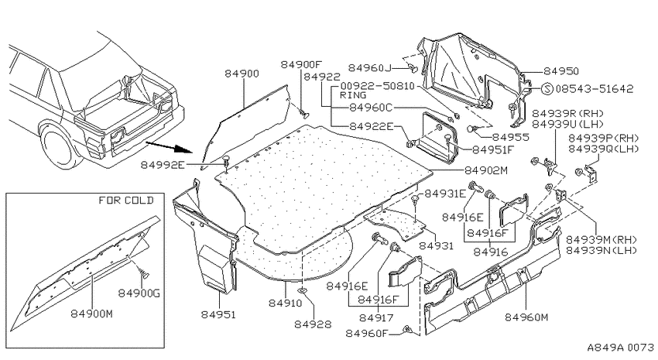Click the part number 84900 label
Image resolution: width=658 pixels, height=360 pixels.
pyautogui.click(x=242, y=74)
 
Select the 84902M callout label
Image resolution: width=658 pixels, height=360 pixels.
pyautogui.click(x=486, y=170)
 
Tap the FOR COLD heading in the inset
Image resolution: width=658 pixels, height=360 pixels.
pyautogui.click(x=126, y=201)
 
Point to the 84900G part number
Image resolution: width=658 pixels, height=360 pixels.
pyautogui.click(x=139, y=293)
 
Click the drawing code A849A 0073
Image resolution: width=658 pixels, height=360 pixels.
pyautogui.click(x=620, y=348)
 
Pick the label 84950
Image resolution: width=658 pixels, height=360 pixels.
pyautogui.click(x=561, y=71)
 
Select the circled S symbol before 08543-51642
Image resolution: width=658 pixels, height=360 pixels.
pyautogui.click(x=547, y=89)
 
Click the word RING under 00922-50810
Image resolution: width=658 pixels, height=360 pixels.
pyautogui.click(x=353, y=95)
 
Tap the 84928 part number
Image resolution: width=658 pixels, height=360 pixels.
pyautogui.click(x=313, y=324)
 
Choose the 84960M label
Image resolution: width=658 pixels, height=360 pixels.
pyautogui.click(x=526, y=317)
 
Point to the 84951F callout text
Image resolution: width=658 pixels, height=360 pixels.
pyautogui.click(x=494, y=149)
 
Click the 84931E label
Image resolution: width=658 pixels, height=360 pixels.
pyautogui.click(x=445, y=194)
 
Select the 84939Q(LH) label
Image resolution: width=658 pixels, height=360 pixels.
pyautogui.click(x=604, y=149)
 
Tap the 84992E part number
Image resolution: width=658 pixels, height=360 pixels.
pyautogui.click(x=163, y=165)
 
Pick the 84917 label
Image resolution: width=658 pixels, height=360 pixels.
pyautogui.click(x=376, y=317)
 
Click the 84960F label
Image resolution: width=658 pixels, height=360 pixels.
pyautogui.click(x=367, y=333)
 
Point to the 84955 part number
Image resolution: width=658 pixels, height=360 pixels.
pyautogui.click(x=511, y=137)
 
